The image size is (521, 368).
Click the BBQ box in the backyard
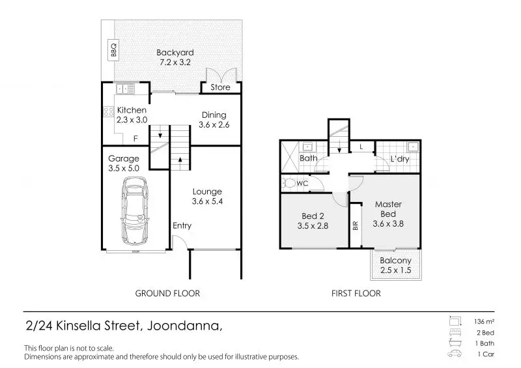113,50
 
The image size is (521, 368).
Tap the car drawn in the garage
135,211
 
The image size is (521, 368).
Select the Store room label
220,87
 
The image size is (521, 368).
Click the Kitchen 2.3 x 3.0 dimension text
132,120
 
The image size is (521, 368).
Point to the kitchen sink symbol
125,89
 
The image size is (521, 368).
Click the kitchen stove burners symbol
109,111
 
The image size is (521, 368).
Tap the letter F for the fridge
135,139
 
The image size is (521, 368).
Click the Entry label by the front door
182,226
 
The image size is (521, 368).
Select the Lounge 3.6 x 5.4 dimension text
207,201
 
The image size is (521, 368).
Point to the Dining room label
214,115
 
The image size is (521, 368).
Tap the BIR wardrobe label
356,226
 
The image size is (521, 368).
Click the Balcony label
395,261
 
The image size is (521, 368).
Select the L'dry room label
400,159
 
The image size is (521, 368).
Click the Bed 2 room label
313,216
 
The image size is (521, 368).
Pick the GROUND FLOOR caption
167,294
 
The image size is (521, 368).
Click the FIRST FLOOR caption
356,294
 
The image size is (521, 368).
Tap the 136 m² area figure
484,322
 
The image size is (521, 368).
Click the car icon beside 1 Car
455,354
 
